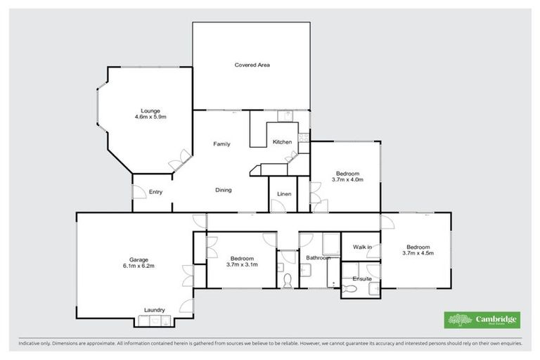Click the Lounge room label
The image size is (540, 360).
tap(150, 110)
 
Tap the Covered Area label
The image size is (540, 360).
tap(252, 65)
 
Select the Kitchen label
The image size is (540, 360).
tap(283, 142)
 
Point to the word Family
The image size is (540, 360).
tap(222, 144)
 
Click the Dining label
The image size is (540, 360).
tap(224, 190)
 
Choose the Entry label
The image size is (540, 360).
tap(156, 191)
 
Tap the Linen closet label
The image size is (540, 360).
tap(284, 193)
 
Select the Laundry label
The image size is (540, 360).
tap(154, 309)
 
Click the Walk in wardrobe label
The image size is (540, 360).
tap(362, 247)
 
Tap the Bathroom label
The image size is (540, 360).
tap(318, 258)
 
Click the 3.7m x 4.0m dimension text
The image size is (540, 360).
tap(347, 180)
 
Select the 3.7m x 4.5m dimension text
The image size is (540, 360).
tap(418, 253)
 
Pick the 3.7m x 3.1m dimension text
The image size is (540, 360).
tap(243, 265)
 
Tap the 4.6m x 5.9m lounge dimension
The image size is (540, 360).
tap(150, 117)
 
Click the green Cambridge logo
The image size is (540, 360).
tap(482, 320)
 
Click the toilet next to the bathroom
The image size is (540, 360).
tap(286, 280)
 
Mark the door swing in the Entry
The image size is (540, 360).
tap(139, 192)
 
